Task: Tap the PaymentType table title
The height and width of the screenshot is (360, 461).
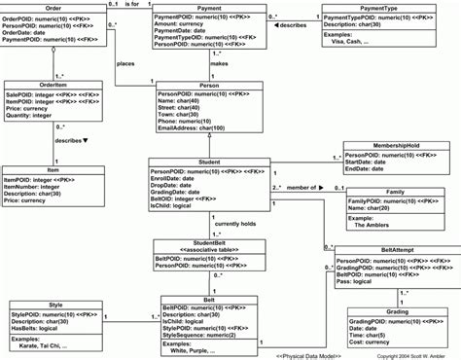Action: tap(381, 8)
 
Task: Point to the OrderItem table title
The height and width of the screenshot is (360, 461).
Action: tap(52, 84)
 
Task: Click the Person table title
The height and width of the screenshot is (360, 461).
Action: tap(210, 86)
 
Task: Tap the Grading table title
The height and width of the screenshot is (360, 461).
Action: tap(396, 284)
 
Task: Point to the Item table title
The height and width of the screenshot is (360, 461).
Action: tap(52, 169)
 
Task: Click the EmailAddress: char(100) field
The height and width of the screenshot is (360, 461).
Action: tap(201, 127)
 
